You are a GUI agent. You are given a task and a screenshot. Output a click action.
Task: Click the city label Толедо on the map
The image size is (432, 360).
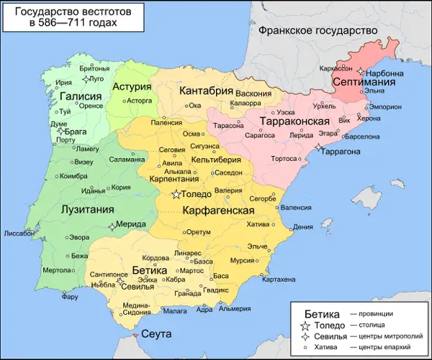(x=196, y=195)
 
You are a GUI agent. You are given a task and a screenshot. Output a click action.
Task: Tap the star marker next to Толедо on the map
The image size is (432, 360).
(x=176, y=194)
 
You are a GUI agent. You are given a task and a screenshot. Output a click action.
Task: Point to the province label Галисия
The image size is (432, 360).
(x=77, y=96)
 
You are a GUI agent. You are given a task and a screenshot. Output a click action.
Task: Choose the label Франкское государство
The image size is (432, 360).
(x=317, y=31)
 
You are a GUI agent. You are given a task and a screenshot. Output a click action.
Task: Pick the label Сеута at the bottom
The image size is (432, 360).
(x=157, y=334)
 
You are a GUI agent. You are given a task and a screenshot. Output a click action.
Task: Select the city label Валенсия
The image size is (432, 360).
(x=298, y=208)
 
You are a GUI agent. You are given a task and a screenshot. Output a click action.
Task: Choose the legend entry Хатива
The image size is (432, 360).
(x=330, y=347)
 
